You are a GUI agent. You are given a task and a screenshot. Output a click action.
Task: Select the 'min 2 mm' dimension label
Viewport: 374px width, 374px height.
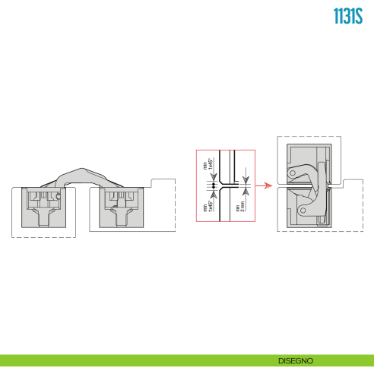coord(239,208)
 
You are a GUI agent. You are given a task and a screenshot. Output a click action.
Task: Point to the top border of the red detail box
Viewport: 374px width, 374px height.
coord(226,148)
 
